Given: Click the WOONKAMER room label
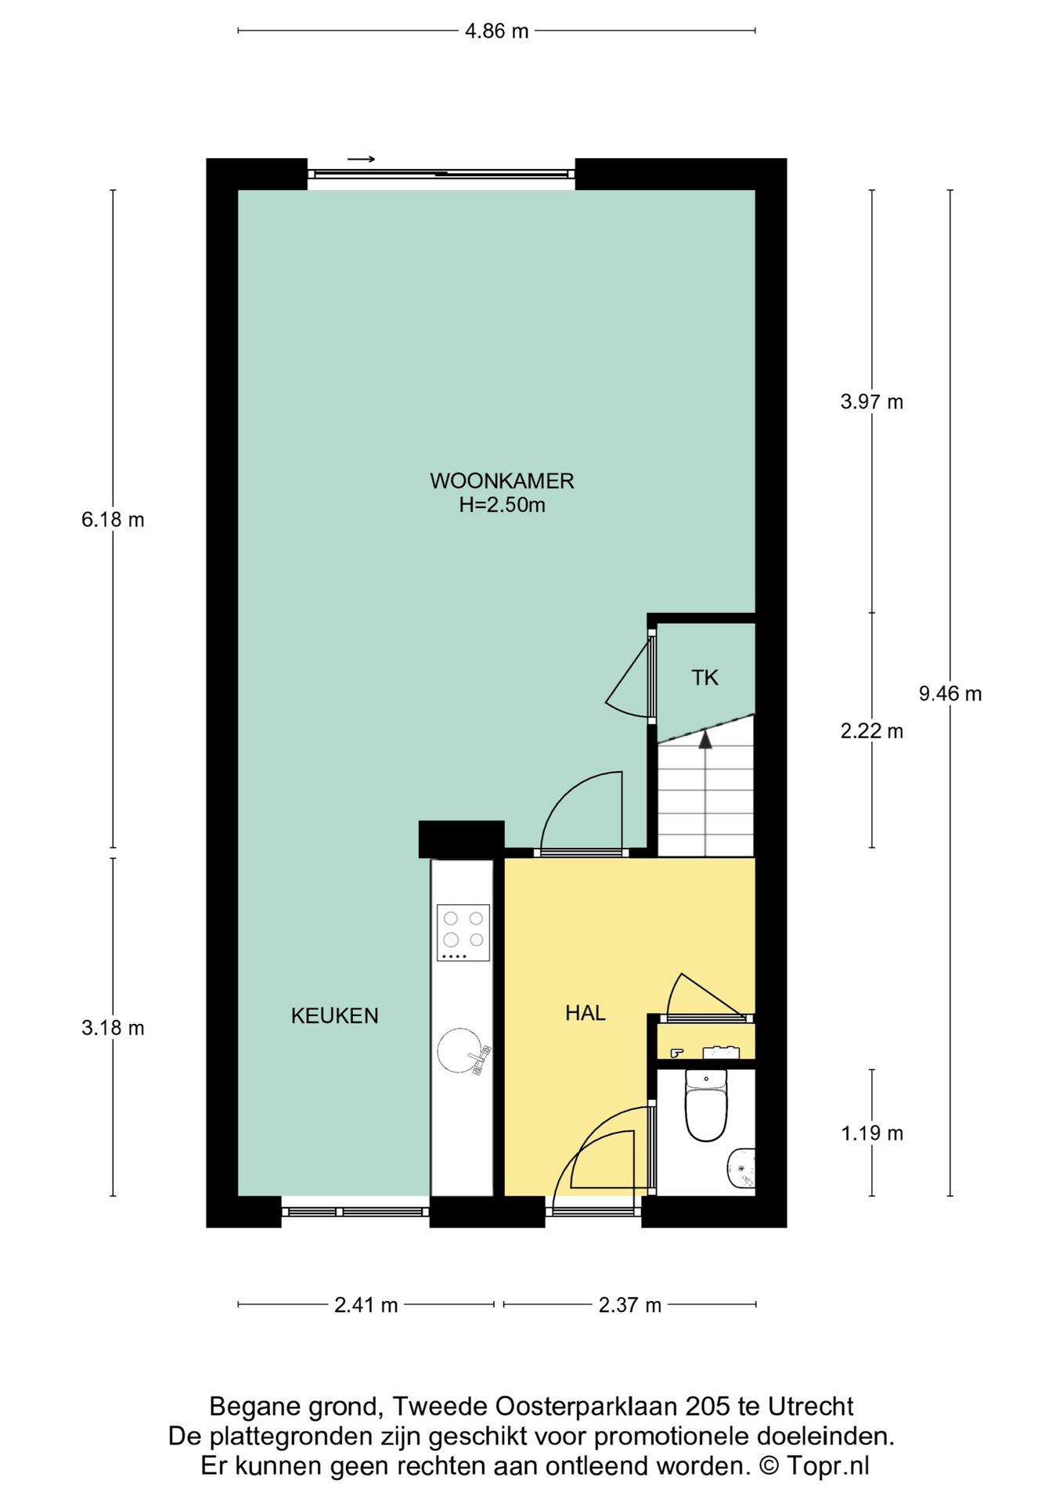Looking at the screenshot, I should pyautogui.click(x=502, y=480).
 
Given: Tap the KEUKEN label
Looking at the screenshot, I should pyautogui.click(x=334, y=1015).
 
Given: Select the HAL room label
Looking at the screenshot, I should pyautogui.click(x=586, y=1013).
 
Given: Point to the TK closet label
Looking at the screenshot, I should pyautogui.click(x=704, y=678).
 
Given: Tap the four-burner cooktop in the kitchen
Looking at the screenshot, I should pyautogui.click(x=463, y=932).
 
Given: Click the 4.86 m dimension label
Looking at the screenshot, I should pyautogui.click(x=496, y=31).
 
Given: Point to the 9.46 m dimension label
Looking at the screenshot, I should pyautogui.click(x=949, y=694).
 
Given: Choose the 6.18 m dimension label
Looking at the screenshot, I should pyautogui.click(x=113, y=520).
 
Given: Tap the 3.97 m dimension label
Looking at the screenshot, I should pyautogui.click(x=871, y=402).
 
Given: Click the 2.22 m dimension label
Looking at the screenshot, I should pyautogui.click(x=871, y=731).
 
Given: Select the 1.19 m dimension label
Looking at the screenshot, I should pyautogui.click(x=871, y=1133).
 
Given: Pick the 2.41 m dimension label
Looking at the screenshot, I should pyautogui.click(x=366, y=1305).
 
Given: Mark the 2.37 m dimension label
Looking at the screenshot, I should pyautogui.click(x=629, y=1305).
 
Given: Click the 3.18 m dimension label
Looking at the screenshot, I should pyautogui.click(x=113, y=1028).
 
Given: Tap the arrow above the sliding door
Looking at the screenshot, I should pyautogui.click(x=361, y=160).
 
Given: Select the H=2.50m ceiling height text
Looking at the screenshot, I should pyautogui.click(x=502, y=505).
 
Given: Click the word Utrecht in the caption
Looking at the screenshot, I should pyautogui.click(x=810, y=1407).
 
